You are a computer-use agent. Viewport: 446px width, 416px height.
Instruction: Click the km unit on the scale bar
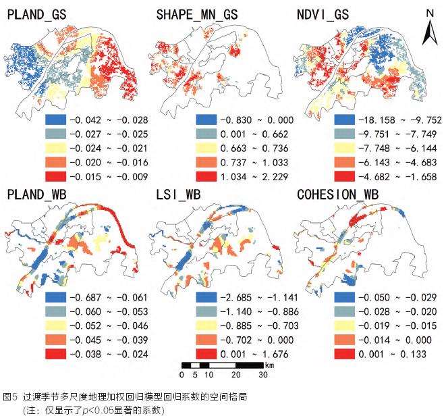(269, 365)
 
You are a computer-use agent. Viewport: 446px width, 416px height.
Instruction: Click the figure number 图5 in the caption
(10, 396)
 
